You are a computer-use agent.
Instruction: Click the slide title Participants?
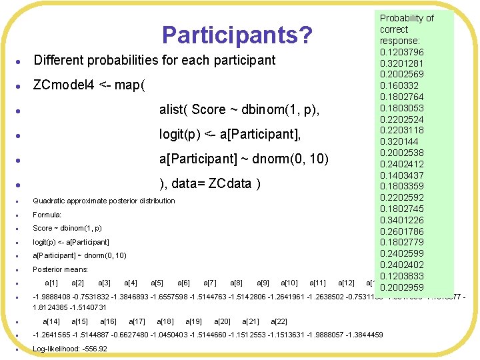(237, 35)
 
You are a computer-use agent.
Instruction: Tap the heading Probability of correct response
(406, 29)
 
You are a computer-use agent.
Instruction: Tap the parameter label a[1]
(51, 283)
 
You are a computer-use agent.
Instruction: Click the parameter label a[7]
(209, 283)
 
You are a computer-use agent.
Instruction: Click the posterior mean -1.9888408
(53, 297)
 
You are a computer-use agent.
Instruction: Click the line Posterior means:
(61, 269)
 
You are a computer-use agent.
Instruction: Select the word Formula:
(47, 215)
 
